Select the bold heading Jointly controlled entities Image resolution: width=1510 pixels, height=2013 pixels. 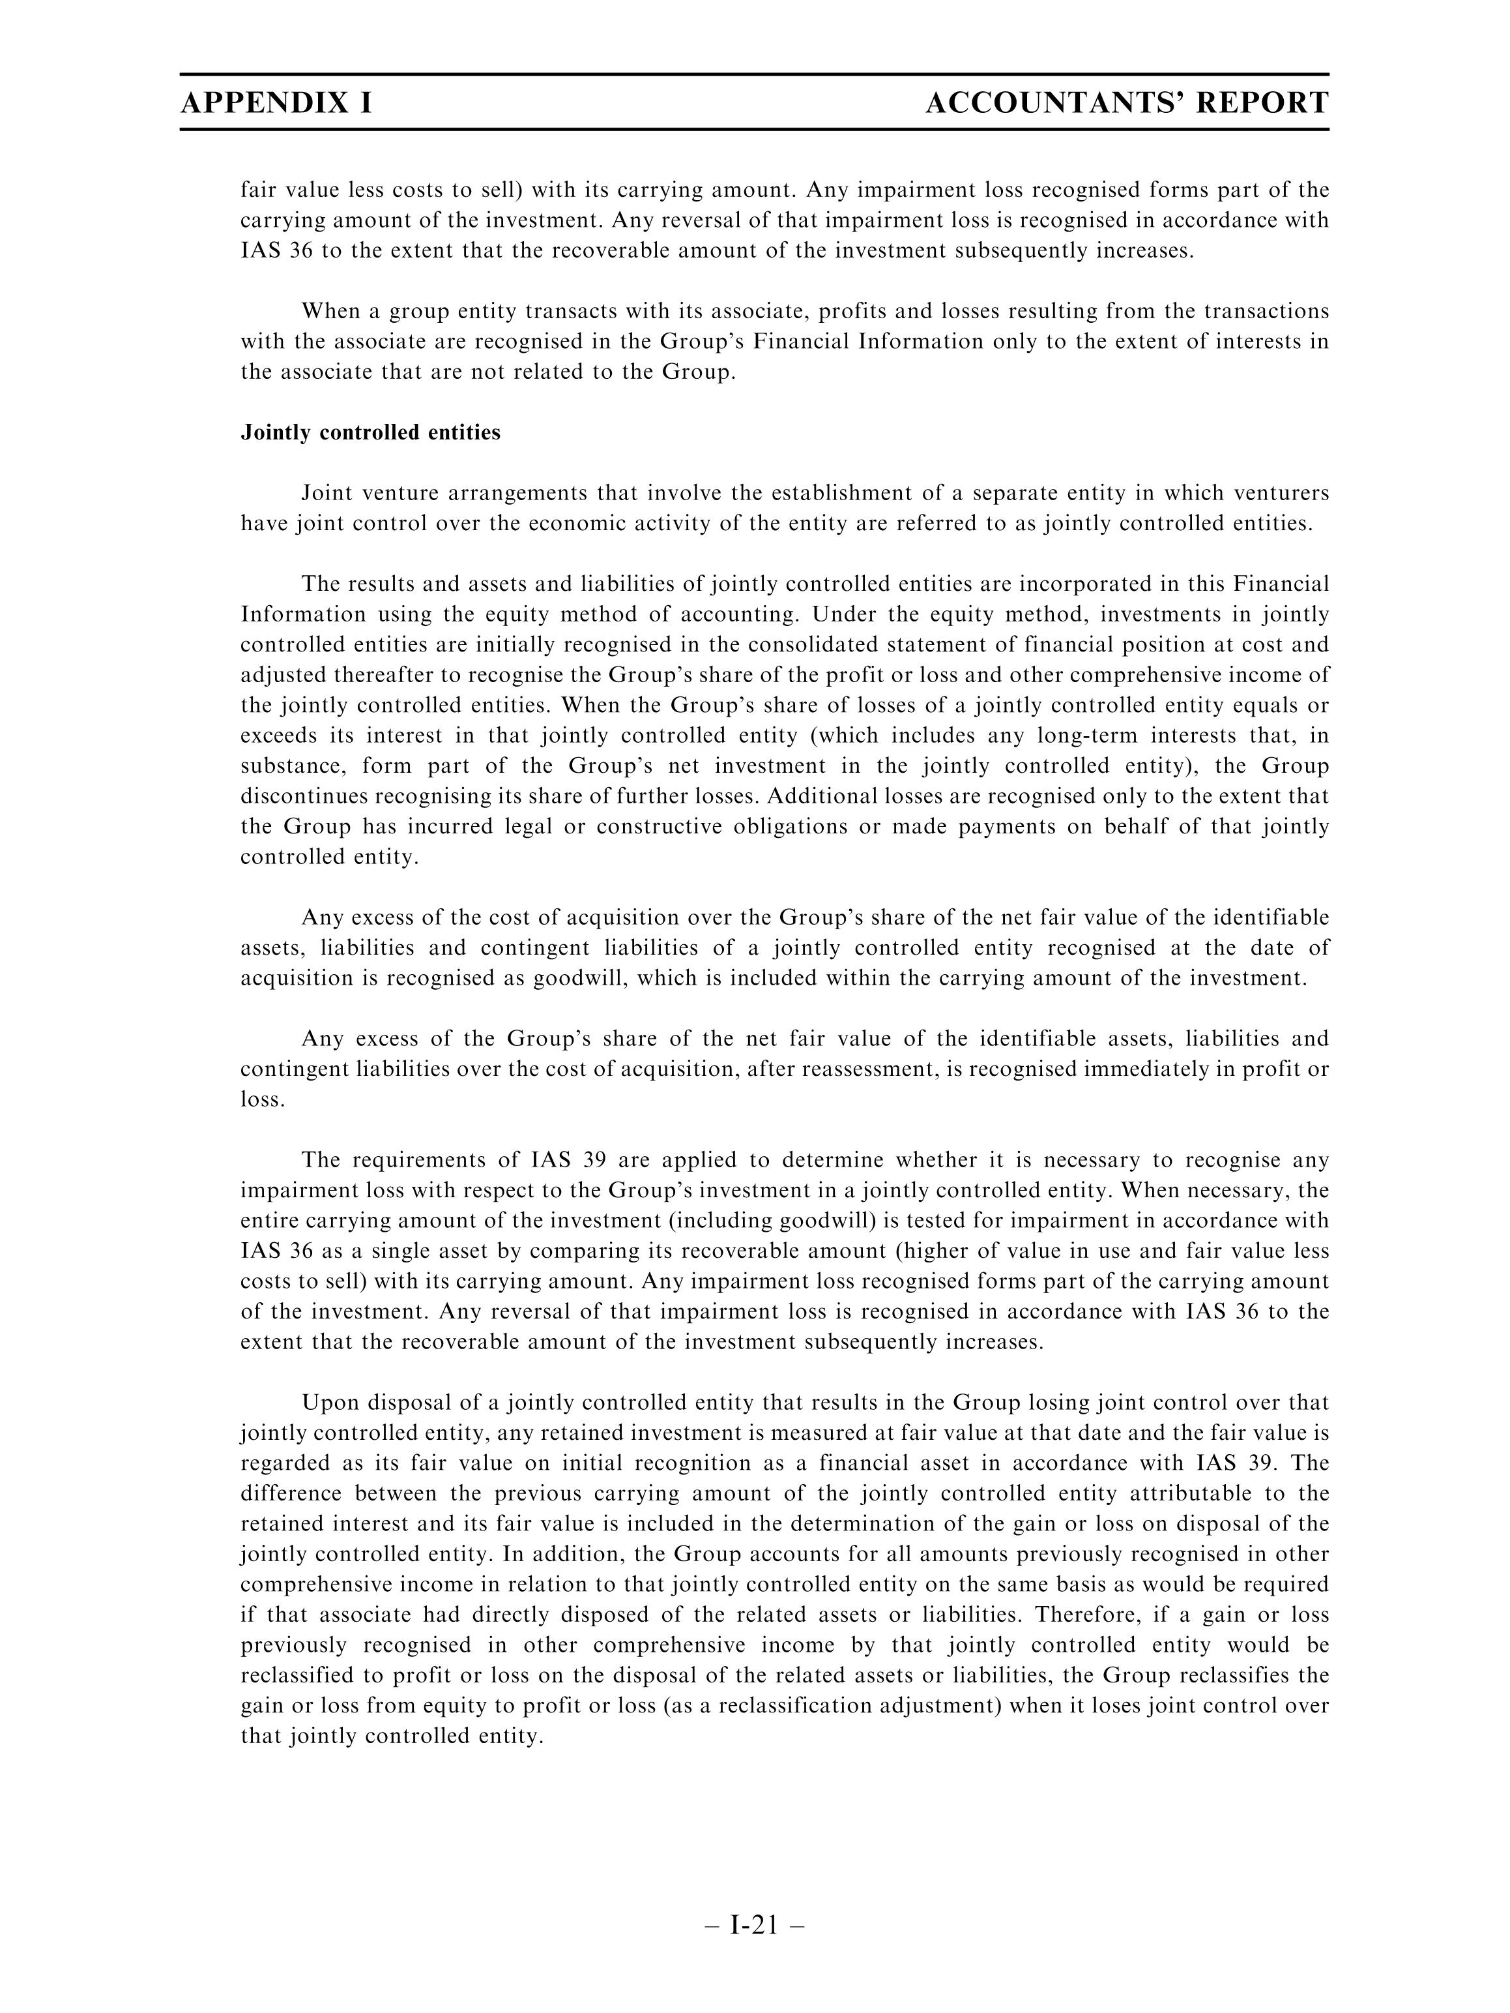[370, 432]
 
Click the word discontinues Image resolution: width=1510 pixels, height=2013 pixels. [304, 796]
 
